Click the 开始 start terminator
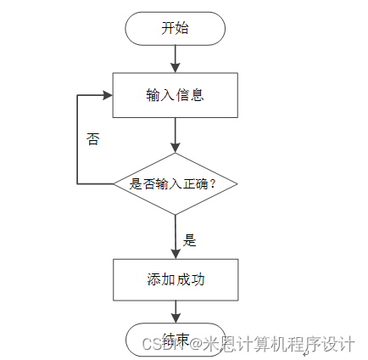(x=175, y=28)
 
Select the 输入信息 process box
(x=175, y=94)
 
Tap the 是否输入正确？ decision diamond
(x=175, y=183)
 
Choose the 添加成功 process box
(x=175, y=279)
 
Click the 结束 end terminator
(x=175, y=339)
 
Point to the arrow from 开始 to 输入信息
(x=175, y=57)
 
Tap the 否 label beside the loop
(x=93, y=139)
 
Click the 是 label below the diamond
(x=190, y=240)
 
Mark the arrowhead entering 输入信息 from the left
(x=108, y=94)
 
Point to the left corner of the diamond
(x=114, y=183)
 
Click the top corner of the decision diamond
(x=175, y=153)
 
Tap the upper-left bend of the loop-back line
(x=78, y=94)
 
